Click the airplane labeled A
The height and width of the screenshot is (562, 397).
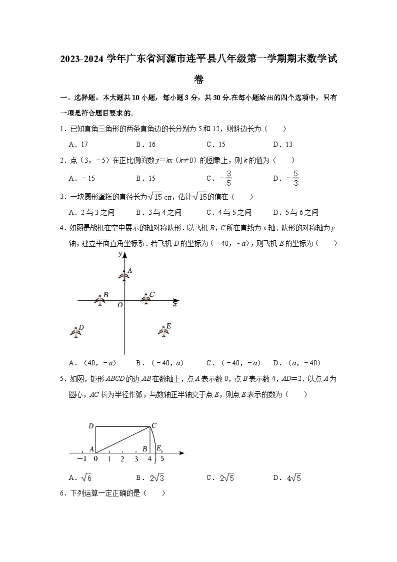pos(123,274)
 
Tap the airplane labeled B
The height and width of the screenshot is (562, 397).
pos(99,300)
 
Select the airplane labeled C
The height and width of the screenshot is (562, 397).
pos(145,299)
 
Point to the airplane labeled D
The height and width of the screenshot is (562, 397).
pos(76,332)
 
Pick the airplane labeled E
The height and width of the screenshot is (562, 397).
pos(163,331)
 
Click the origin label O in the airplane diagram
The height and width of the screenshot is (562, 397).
pos(120,305)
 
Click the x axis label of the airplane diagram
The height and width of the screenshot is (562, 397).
pos(175,304)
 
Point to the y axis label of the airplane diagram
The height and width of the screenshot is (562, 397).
pos(120,255)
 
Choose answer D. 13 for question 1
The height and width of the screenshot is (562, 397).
pos(283,144)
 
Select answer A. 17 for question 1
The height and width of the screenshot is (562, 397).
pos(78,144)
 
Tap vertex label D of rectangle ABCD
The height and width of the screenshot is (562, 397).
pos(91,426)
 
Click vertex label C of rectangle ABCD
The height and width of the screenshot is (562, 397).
pos(154,426)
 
